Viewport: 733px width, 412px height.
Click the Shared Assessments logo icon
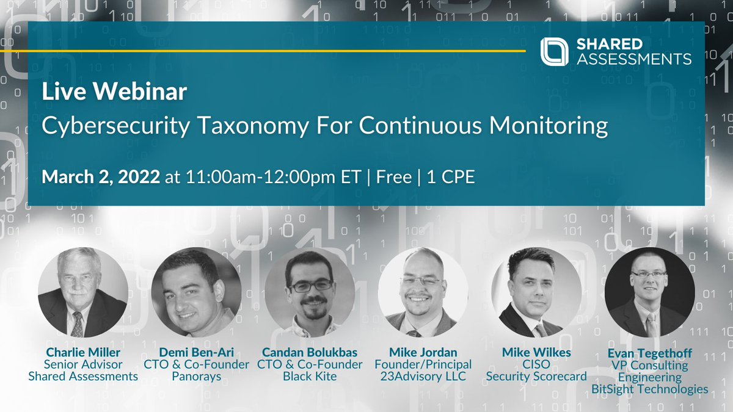[554, 51]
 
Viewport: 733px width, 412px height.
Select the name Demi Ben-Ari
[197, 353]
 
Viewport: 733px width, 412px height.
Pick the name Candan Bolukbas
[310, 353]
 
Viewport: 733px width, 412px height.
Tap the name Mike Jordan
[423, 353]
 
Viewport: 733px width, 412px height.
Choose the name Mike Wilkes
[536, 353]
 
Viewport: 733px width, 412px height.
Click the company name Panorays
[197, 377]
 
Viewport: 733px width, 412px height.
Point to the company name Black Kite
[310, 377]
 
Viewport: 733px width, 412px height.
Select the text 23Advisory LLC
[423, 377]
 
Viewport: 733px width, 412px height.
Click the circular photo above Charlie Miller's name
[83, 292]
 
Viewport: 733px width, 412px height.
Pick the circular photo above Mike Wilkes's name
[536, 292]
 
